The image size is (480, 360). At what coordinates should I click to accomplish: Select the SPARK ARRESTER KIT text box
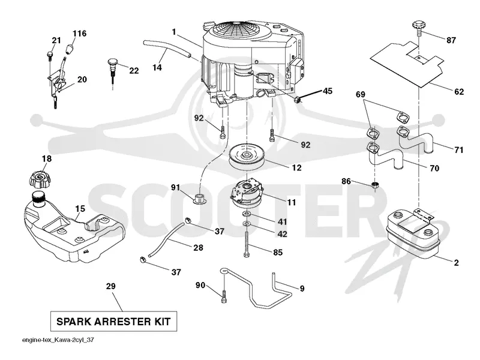[x=113, y=322]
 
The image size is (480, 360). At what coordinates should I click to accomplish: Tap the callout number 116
[x=80, y=33]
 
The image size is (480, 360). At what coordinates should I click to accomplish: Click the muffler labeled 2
[x=413, y=234]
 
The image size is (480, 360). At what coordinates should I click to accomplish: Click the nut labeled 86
[x=375, y=185]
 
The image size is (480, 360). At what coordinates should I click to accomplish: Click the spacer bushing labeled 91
[x=199, y=199]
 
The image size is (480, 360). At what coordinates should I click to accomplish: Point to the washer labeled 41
[x=247, y=213]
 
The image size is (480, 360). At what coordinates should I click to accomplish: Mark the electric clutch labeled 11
[x=247, y=193]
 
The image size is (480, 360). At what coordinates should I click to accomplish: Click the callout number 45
[x=328, y=91]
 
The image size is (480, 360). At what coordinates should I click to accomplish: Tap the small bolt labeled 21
[x=49, y=55]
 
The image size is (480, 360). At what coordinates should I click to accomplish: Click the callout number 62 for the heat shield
[x=459, y=92]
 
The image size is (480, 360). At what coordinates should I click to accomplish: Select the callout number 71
[x=458, y=149]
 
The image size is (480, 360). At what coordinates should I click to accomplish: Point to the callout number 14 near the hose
[x=157, y=67]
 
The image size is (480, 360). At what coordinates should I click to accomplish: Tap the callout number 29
[x=110, y=286]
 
